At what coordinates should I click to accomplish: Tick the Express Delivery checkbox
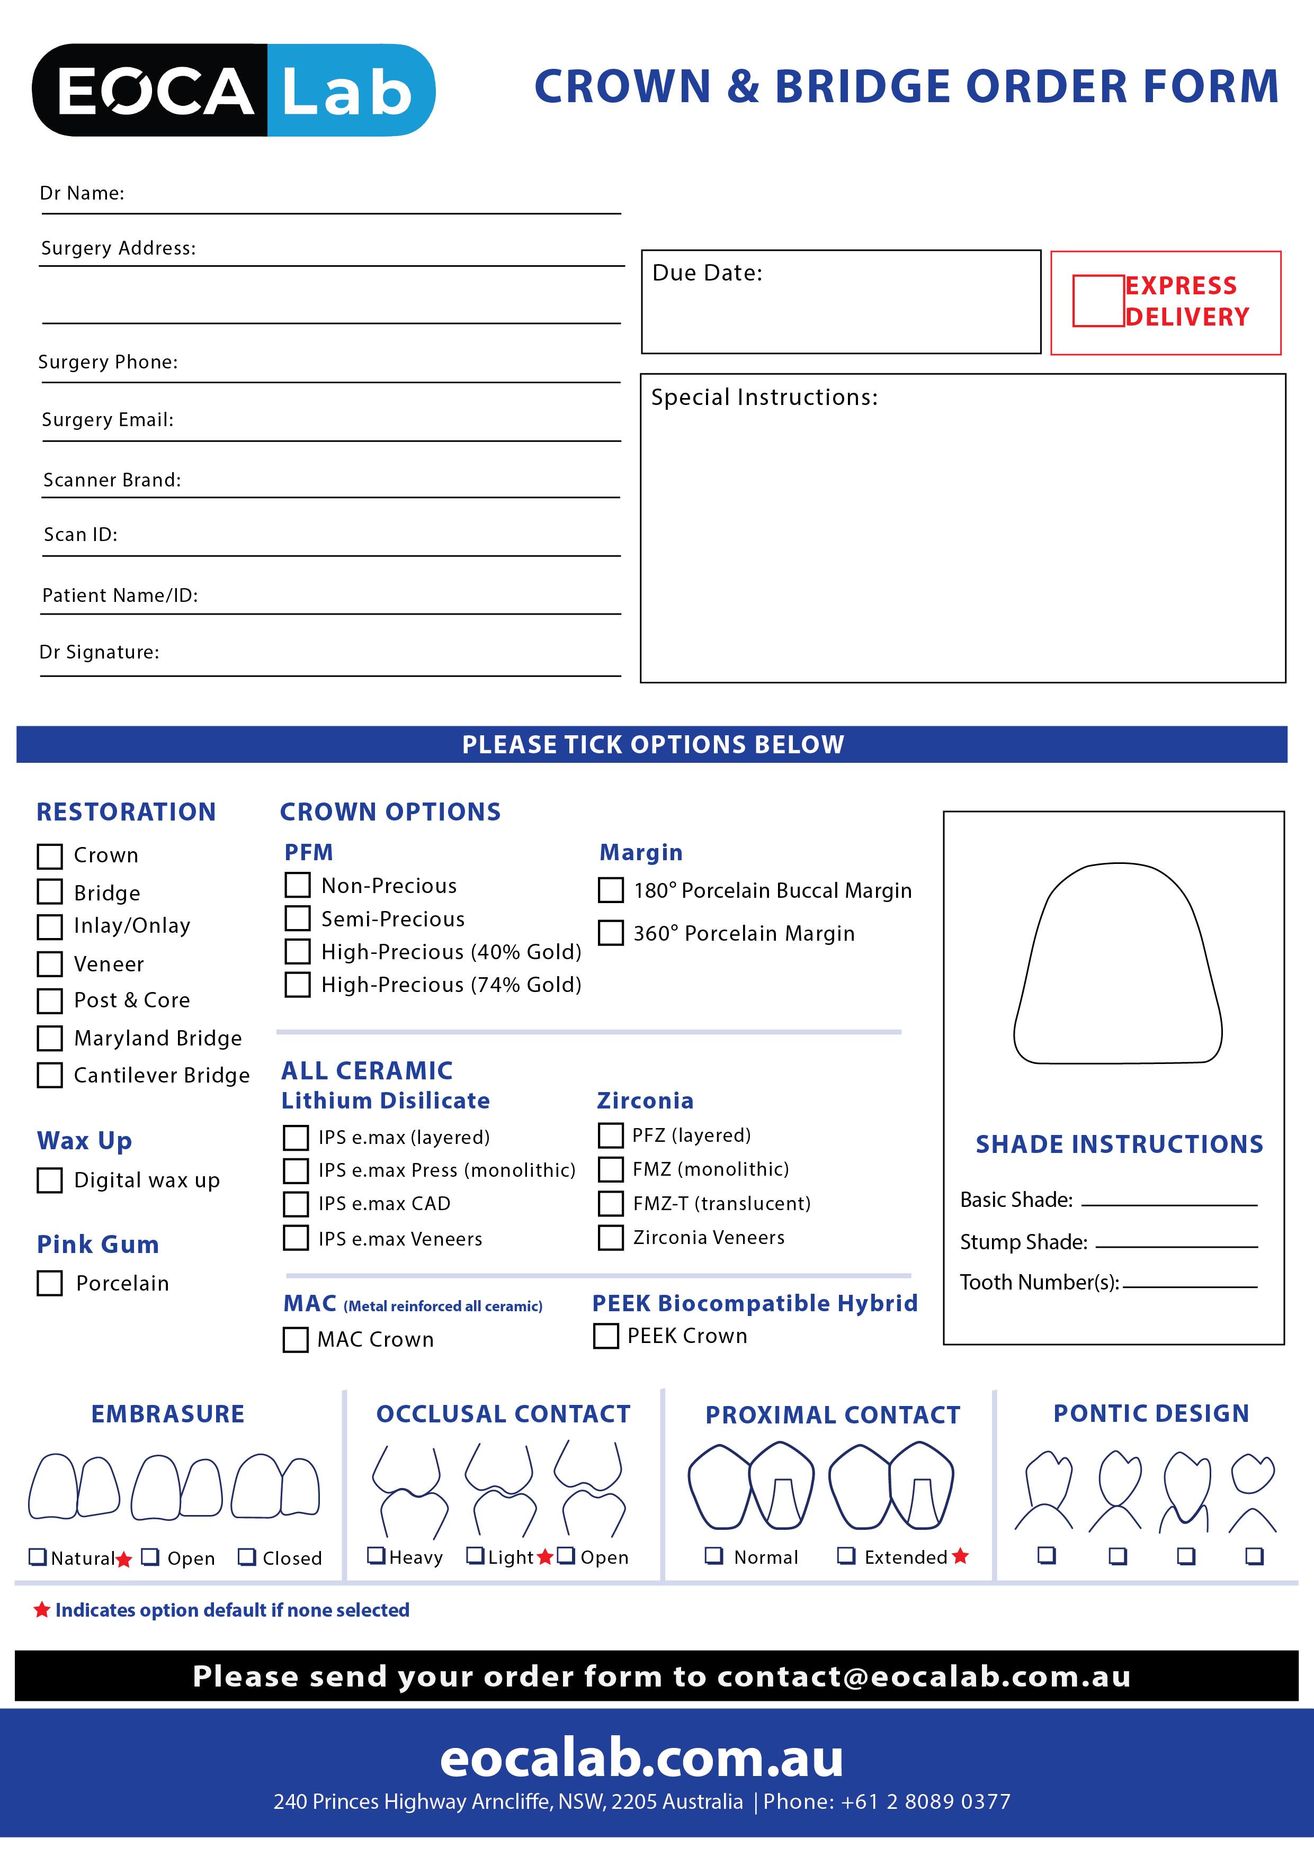click(1098, 301)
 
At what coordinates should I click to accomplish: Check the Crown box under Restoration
click(50, 855)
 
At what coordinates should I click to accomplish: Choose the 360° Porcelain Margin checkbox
click(611, 933)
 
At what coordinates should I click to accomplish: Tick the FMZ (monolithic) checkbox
click(611, 1169)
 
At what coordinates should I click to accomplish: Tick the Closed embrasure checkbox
click(247, 1557)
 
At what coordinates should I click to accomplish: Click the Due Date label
click(707, 273)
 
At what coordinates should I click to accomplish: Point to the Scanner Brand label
click(112, 481)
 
